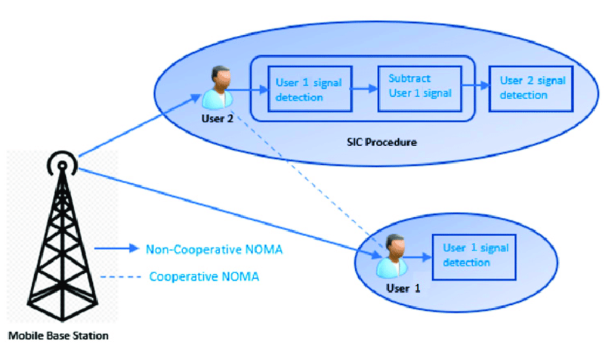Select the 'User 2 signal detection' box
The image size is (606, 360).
click(x=531, y=88)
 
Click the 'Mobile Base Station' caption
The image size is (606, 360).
click(x=58, y=337)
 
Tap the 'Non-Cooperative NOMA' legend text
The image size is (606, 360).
click(x=214, y=249)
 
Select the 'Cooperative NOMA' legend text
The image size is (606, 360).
click(x=204, y=276)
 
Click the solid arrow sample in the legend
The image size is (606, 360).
click(x=115, y=249)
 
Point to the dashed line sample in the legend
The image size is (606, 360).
click(x=120, y=276)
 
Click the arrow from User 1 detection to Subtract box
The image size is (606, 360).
click(x=364, y=89)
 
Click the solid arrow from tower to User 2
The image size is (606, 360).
click(x=147, y=126)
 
